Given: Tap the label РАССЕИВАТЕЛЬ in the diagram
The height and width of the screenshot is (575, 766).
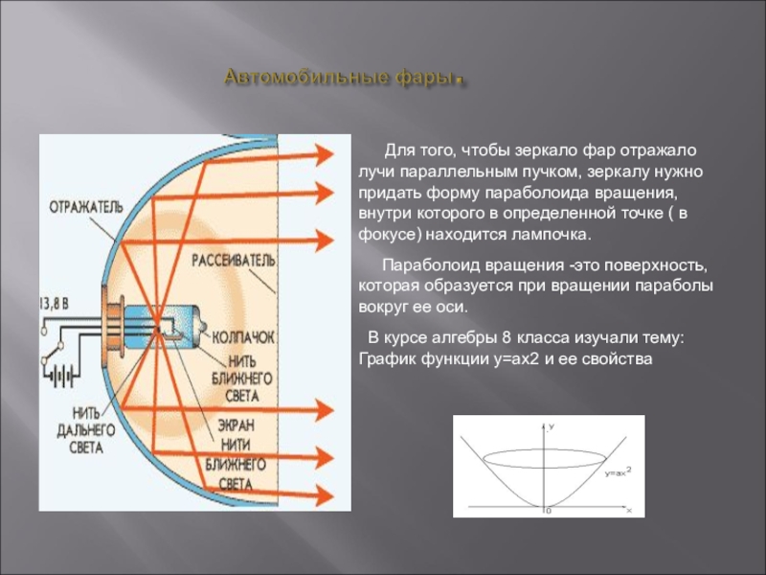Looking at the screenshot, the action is click(234, 261).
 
